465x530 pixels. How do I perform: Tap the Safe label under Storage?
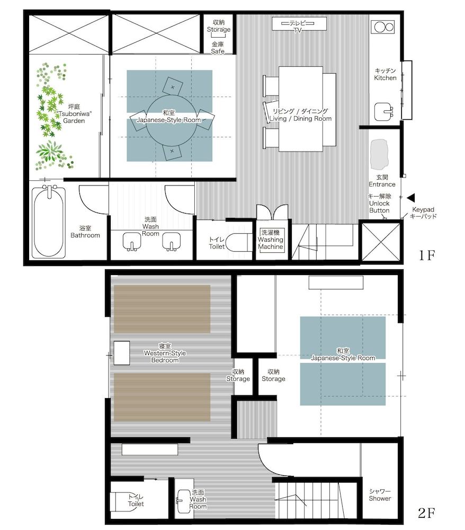(218, 48)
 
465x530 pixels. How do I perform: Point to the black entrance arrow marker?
(411, 197)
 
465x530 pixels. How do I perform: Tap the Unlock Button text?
(379, 204)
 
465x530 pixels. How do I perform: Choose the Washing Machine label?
(271, 240)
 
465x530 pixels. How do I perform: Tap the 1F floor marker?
(426, 255)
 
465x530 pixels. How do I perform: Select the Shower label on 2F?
(380, 495)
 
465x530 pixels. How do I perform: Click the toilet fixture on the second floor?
(122, 500)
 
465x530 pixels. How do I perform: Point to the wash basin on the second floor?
(183, 498)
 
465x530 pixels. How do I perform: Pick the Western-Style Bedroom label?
(165, 354)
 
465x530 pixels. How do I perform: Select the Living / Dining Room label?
(300, 115)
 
